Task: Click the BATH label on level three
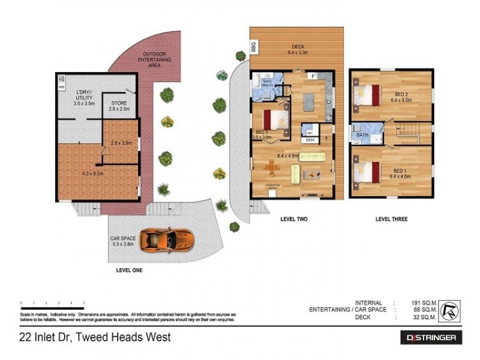click(362, 136)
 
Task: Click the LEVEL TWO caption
click(293, 220)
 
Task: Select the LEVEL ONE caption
click(130, 271)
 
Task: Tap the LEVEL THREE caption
click(391, 220)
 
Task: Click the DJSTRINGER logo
click(431, 338)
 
